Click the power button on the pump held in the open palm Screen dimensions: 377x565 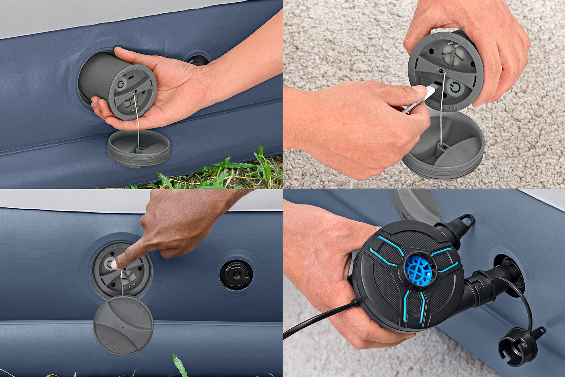click(121, 84)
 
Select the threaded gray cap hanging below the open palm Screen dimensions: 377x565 click(139, 149)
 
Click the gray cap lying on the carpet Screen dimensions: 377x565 click(444, 147)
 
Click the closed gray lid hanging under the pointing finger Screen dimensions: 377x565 click(123, 325)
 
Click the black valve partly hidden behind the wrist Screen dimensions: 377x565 click(197, 60)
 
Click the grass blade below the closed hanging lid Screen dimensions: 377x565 click(180, 366)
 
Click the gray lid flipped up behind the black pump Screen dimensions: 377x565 click(414, 205)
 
